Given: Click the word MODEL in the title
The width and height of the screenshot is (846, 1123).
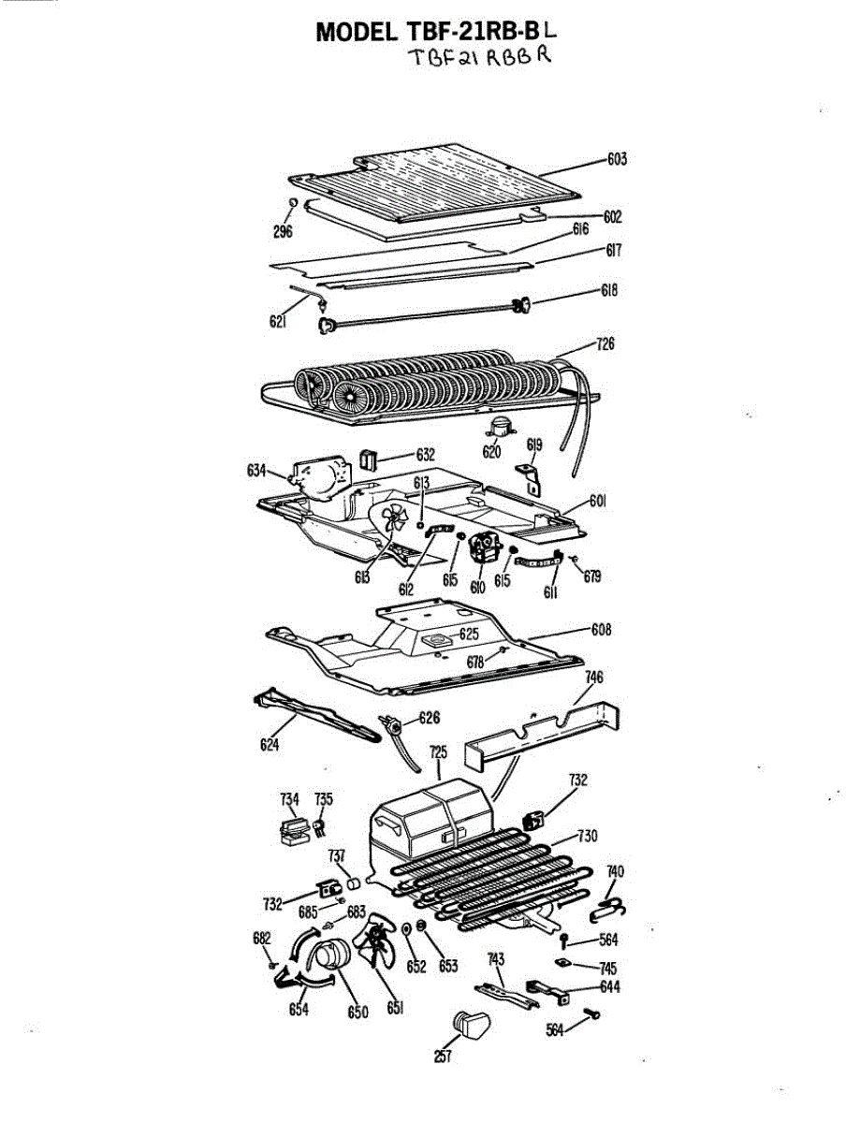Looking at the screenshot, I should coord(357,31).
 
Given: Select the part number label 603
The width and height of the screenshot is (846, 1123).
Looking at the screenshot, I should coord(617,159).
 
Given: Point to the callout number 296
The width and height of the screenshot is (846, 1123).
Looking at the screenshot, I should coord(284,231).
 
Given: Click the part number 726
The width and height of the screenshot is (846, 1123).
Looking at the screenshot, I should coord(605,344).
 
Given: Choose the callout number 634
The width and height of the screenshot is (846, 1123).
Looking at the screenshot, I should coord(257,471).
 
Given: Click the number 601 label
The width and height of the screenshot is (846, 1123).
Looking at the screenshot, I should coord(598,502).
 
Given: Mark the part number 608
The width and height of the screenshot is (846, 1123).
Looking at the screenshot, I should coord(601,630).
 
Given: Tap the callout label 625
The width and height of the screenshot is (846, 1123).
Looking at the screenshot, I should coord(468,634).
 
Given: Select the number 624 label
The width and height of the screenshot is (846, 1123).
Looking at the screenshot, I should coord(270,746).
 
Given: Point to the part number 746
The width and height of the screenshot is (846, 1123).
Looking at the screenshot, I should coord(593,677).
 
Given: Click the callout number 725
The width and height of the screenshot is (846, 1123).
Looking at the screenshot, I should coord(438,751).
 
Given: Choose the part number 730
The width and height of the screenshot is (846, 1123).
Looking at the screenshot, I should coord(587,836).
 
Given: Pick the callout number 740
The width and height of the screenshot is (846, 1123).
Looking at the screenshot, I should coord(615,872).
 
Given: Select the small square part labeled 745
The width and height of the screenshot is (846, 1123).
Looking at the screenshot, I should coord(562,962).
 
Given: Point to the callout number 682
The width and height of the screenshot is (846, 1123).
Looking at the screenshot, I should coord(262,939).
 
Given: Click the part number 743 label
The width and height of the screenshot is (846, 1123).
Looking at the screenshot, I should coord(496,958).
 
